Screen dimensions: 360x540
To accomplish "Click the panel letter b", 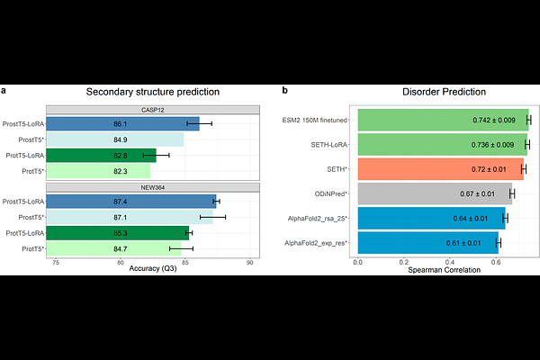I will click(285, 91).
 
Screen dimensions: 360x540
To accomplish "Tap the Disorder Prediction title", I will click(445, 92).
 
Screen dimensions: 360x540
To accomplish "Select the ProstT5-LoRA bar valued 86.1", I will click(122, 124).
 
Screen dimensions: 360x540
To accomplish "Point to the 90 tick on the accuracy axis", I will click(249, 262).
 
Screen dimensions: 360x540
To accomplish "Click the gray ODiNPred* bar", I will click(435, 193).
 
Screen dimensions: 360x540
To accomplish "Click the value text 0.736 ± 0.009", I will click(493, 144).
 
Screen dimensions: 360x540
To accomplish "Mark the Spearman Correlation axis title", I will click(445, 269).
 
